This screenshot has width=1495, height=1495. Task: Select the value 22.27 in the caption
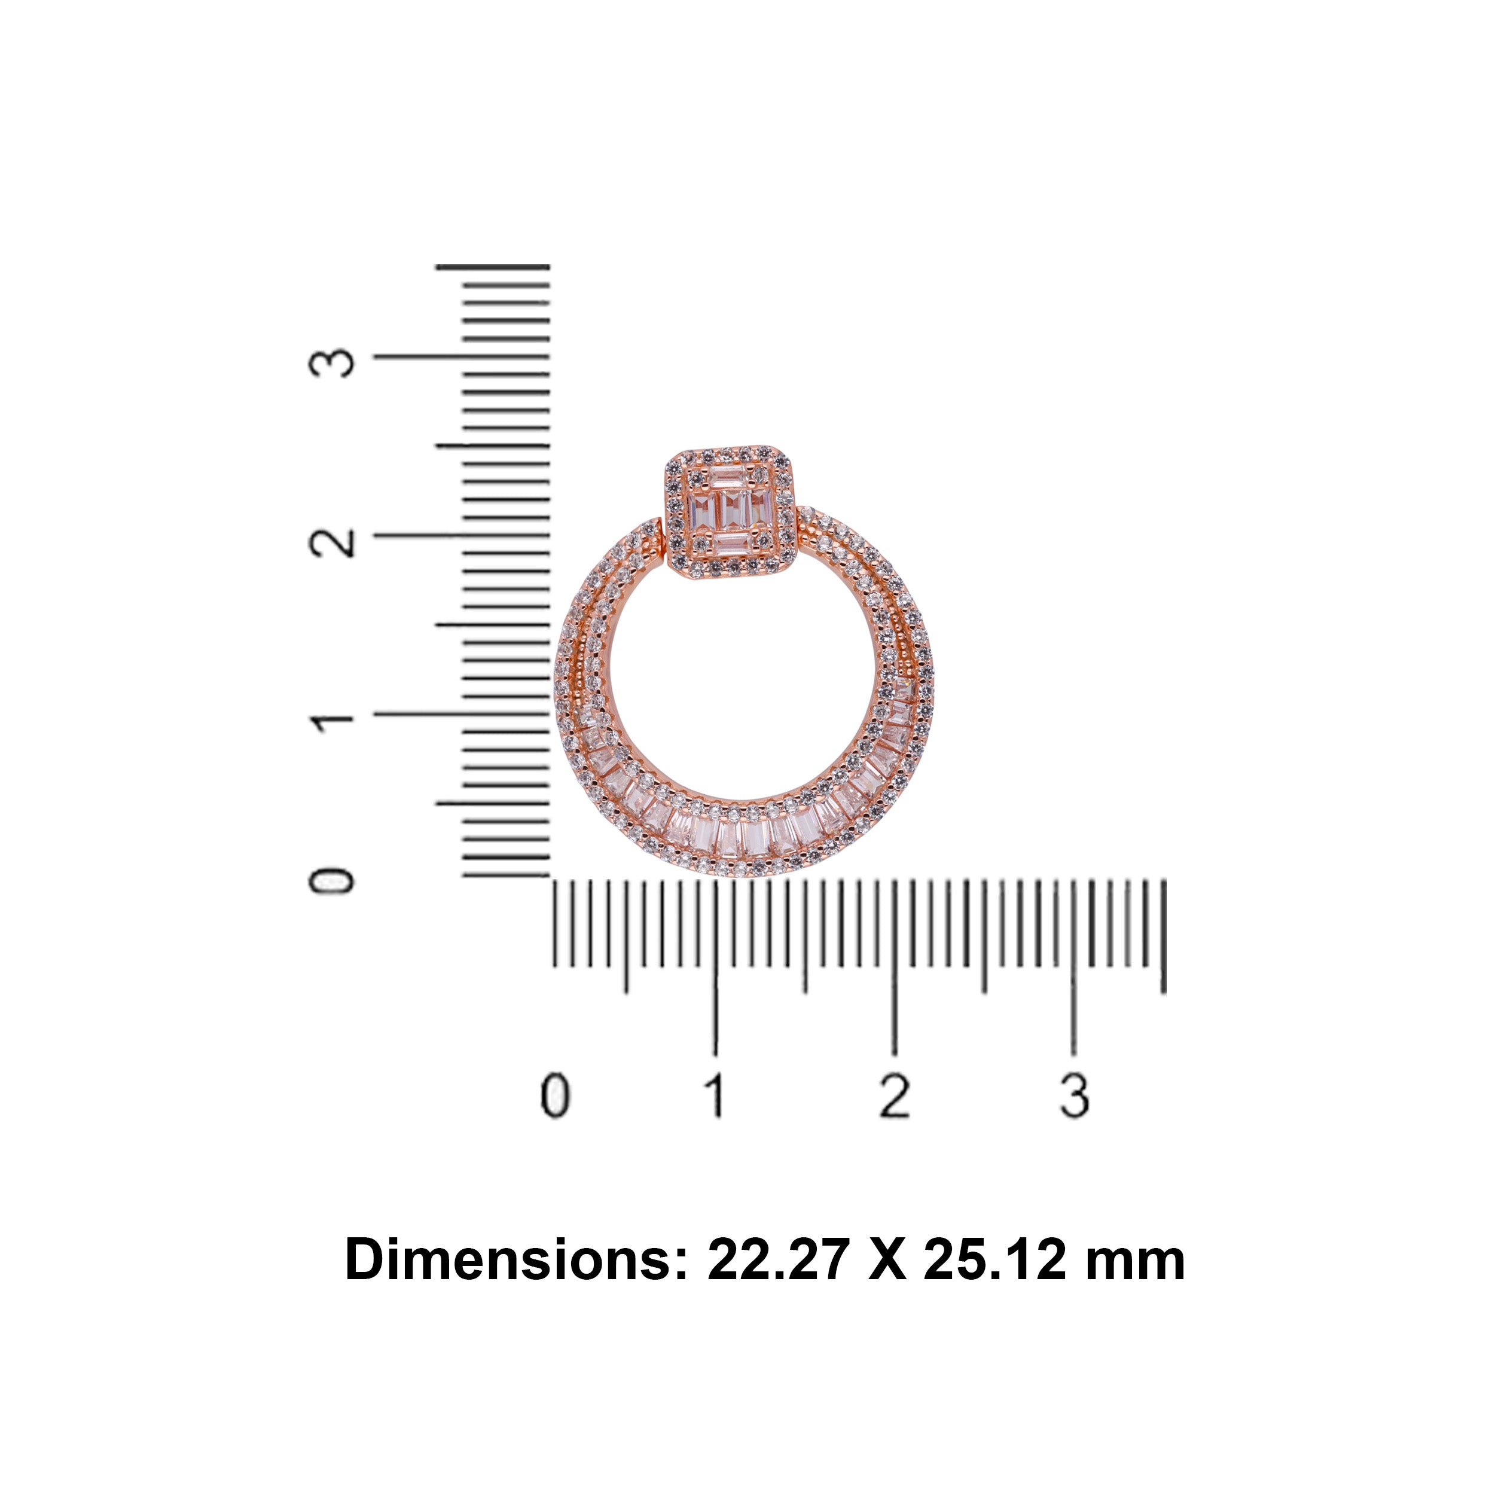[779, 1261]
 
